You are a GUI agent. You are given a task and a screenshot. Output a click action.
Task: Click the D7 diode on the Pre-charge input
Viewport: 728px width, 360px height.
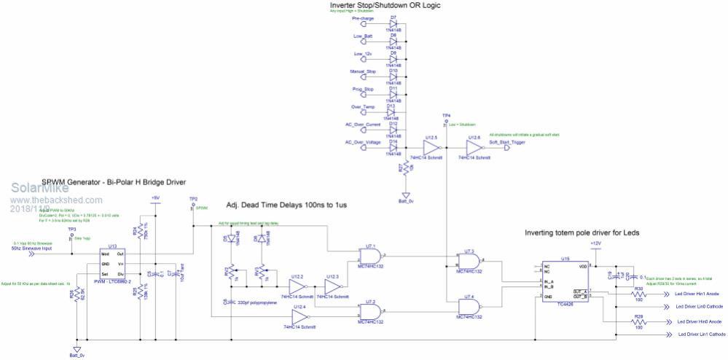coord(394,26)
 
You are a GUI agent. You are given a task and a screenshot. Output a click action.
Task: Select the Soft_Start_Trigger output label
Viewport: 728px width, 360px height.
coord(507,142)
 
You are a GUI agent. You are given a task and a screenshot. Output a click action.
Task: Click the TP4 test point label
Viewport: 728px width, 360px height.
coord(446,115)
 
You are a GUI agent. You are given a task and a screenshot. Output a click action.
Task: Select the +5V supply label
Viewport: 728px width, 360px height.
coord(154,198)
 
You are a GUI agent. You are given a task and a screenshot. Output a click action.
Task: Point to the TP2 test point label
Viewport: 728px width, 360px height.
coord(192,198)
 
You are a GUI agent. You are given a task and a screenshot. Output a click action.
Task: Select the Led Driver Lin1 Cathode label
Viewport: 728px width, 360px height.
coord(701,334)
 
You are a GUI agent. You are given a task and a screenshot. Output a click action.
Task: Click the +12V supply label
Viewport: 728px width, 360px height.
coord(596,243)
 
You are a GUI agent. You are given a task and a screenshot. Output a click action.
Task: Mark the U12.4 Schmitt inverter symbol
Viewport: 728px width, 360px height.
coord(299,318)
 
